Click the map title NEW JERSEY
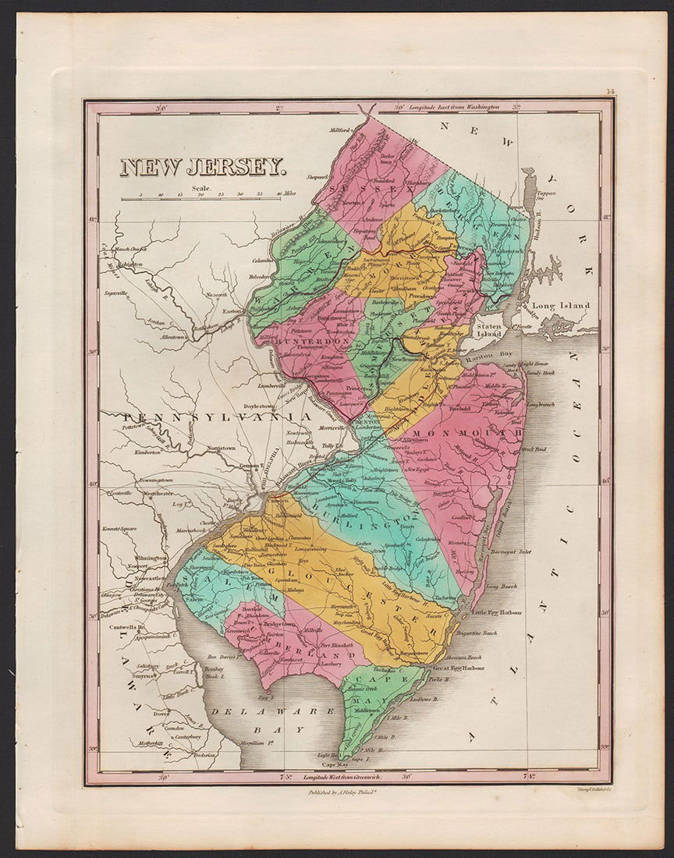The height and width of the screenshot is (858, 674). [202, 167]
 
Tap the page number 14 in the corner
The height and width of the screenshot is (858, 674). [609, 92]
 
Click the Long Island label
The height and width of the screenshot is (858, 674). [560, 306]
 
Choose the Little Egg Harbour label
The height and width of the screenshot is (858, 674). [501, 612]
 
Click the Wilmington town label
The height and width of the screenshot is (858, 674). [151, 558]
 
